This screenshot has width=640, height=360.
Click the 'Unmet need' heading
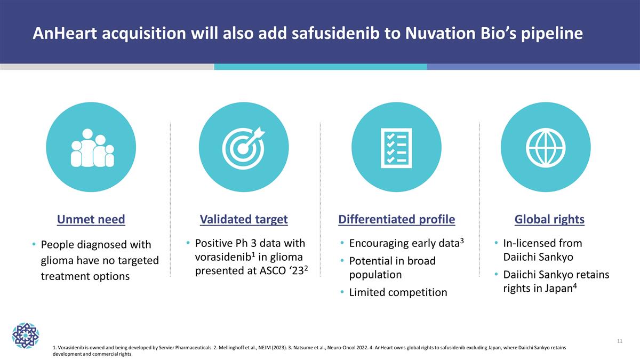point(91,219)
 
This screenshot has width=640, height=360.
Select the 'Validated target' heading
point(244,219)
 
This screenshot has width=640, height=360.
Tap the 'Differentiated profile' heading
point(397,219)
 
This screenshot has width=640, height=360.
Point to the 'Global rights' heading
point(549,219)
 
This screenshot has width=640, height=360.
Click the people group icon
point(92,148)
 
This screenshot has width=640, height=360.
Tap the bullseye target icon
point(244,148)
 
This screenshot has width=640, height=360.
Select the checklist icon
point(396,148)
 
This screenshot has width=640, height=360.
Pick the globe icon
point(546,148)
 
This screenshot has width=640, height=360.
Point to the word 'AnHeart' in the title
point(65,33)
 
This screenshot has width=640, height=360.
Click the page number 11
point(620,341)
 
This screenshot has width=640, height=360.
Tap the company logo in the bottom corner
point(26,335)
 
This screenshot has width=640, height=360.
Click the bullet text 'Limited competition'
point(398,292)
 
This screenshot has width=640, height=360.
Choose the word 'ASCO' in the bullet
point(273,271)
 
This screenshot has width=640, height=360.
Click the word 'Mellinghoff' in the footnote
point(231,348)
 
